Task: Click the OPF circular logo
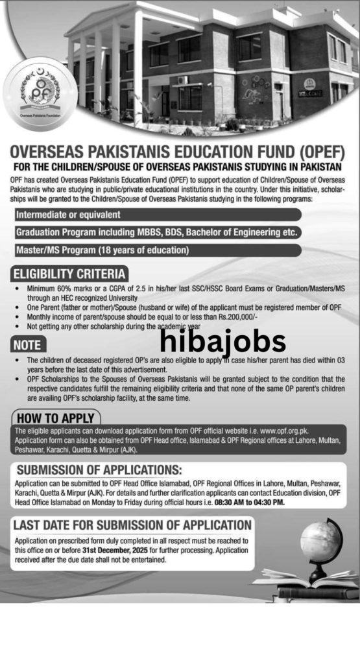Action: [40, 94]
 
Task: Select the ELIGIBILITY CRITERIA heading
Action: [69, 273]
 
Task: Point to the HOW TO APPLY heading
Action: [55, 418]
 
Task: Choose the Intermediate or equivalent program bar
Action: [68, 215]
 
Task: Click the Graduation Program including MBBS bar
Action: [156, 232]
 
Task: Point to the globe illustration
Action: [320, 541]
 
